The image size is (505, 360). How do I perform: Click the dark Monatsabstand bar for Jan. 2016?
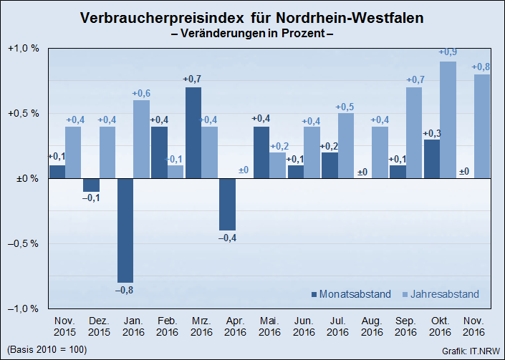click(125, 230)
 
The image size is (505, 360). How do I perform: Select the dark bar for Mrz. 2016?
click(193, 132)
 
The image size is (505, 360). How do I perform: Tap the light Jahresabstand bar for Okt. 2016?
click(448, 120)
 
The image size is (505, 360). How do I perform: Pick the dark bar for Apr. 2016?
click(228, 204)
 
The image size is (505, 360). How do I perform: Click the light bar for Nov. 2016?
click(482, 126)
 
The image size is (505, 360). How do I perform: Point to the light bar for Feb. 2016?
click(176, 172)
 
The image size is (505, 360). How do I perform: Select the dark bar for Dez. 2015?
click(91, 185)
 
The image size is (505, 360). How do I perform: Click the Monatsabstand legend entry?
click(350, 294)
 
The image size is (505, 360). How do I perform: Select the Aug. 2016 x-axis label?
click(371, 327)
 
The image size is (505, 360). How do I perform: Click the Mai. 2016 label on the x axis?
click(269, 327)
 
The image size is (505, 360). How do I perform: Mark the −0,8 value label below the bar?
click(125, 289)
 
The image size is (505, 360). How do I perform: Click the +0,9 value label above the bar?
click(448, 52)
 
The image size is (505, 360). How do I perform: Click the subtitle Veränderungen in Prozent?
click(252, 33)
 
